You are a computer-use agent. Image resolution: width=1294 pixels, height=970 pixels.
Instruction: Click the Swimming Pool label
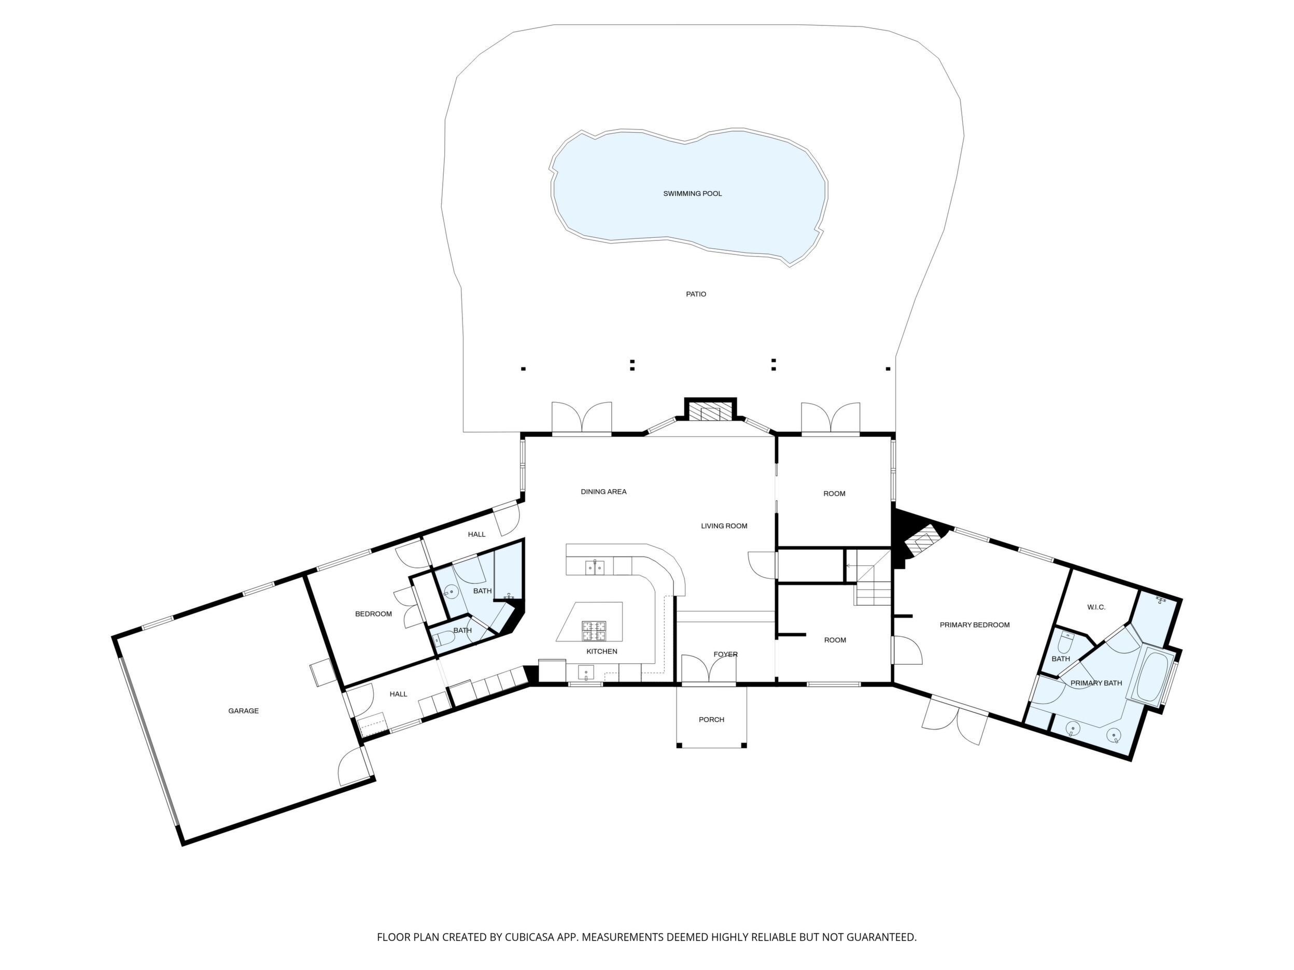tap(692, 193)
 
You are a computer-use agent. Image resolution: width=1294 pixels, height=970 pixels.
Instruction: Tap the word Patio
tap(696, 294)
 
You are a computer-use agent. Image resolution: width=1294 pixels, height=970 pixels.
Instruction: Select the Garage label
tap(243, 711)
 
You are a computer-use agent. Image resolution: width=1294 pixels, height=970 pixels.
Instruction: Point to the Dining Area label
tap(603, 492)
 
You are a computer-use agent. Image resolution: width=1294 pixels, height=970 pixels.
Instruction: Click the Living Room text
tap(724, 525)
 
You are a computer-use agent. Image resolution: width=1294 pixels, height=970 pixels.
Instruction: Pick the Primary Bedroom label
tap(975, 625)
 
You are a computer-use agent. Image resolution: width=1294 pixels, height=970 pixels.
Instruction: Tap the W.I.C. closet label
tap(1096, 607)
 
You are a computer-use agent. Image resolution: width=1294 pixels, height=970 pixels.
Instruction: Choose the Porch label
tap(711, 720)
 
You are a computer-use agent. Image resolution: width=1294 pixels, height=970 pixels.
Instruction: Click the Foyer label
tap(725, 654)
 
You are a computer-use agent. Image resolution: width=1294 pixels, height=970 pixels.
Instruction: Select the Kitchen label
tap(602, 651)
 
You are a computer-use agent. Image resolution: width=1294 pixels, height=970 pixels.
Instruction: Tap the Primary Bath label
tap(1096, 683)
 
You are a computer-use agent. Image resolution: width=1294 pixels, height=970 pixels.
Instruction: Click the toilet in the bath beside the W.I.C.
tap(1065, 641)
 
